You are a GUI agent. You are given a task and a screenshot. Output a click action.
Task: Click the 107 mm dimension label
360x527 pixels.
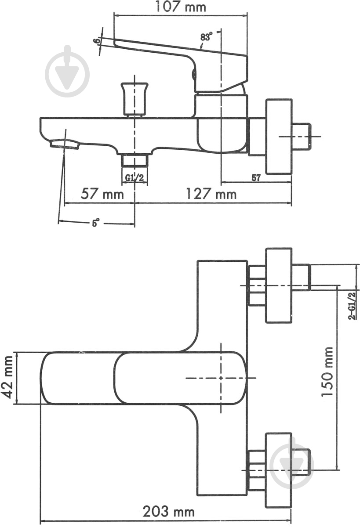point(181,7)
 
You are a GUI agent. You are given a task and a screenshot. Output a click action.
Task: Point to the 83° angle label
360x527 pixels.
point(206,37)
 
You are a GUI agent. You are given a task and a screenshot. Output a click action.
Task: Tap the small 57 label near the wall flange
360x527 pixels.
point(256,178)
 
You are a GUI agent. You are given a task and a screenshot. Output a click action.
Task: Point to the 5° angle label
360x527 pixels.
point(95,223)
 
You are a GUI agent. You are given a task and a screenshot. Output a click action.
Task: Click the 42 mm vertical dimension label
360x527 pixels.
point(7,378)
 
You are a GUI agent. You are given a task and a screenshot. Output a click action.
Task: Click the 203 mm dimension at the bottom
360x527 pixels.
point(168,511)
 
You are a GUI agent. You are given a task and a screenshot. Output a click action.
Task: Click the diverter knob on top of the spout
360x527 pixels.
point(135,98)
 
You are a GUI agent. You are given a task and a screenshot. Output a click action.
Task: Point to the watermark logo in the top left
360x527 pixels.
point(68,70)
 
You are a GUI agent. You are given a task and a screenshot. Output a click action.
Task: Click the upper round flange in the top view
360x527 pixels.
point(279,285)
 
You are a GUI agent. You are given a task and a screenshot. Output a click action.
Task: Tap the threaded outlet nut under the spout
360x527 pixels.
point(135,160)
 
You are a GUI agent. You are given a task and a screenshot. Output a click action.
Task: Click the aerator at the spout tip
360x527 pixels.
point(65,144)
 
